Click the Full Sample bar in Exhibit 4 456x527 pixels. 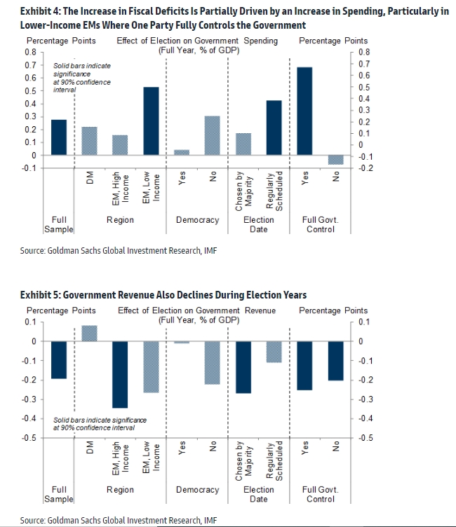(x=59, y=137)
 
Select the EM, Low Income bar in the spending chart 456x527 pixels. (x=151, y=121)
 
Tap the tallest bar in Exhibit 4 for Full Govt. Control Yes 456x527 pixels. (x=304, y=111)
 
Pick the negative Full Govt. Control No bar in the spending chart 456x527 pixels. (x=335, y=160)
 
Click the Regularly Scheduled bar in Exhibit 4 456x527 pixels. (x=274, y=128)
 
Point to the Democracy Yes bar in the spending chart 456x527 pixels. (x=182, y=153)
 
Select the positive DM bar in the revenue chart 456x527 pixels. (x=90, y=334)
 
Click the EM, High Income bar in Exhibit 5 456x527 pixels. (x=120, y=375)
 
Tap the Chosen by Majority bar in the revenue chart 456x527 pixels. (x=243, y=367)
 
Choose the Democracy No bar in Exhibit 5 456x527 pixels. (x=213, y=363)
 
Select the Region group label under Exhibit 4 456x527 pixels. (x=120, y=220)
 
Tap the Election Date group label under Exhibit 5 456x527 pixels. (x=259, y=494)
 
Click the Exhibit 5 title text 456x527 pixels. (x=163, y=295)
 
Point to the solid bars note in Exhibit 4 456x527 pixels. (x=82, y=78)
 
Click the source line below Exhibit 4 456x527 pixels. (x=119, y=251)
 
